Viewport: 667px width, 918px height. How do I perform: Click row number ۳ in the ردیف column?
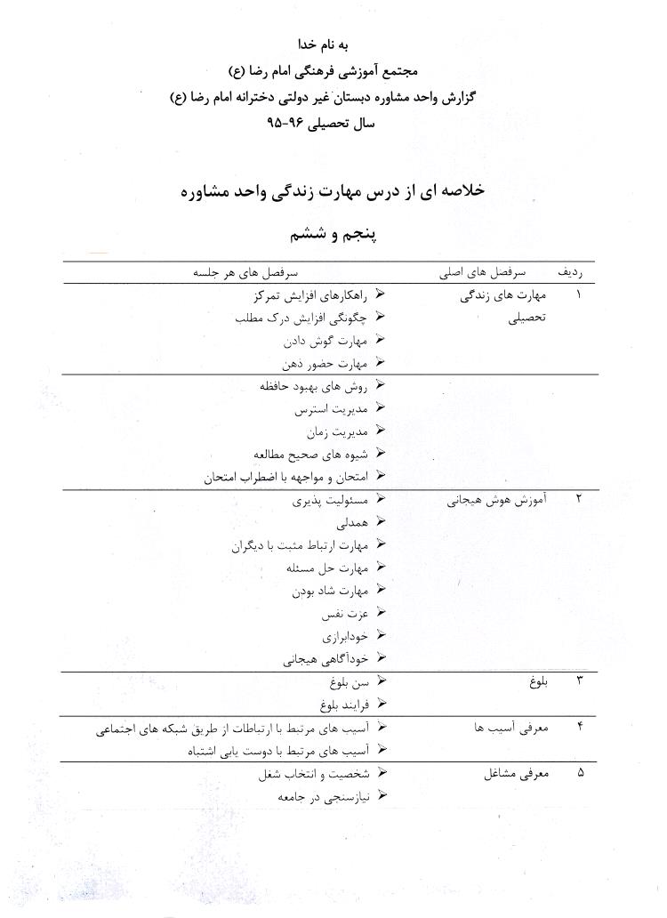point(580,682)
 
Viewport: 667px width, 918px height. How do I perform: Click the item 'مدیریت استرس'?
point(328,410)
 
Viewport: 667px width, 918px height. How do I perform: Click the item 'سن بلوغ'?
point(347,682)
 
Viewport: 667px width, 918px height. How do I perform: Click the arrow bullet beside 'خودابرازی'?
point(381,636)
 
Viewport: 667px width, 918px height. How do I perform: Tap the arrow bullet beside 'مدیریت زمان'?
point(381,431)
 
